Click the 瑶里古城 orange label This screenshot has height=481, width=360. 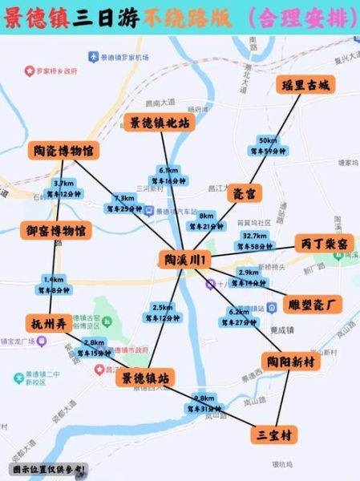[305, 85]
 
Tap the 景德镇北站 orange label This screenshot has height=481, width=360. [160, 122]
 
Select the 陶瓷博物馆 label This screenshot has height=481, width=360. [63, 150]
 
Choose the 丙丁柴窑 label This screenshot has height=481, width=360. [324, 243]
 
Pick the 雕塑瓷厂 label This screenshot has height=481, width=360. [313, 304]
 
